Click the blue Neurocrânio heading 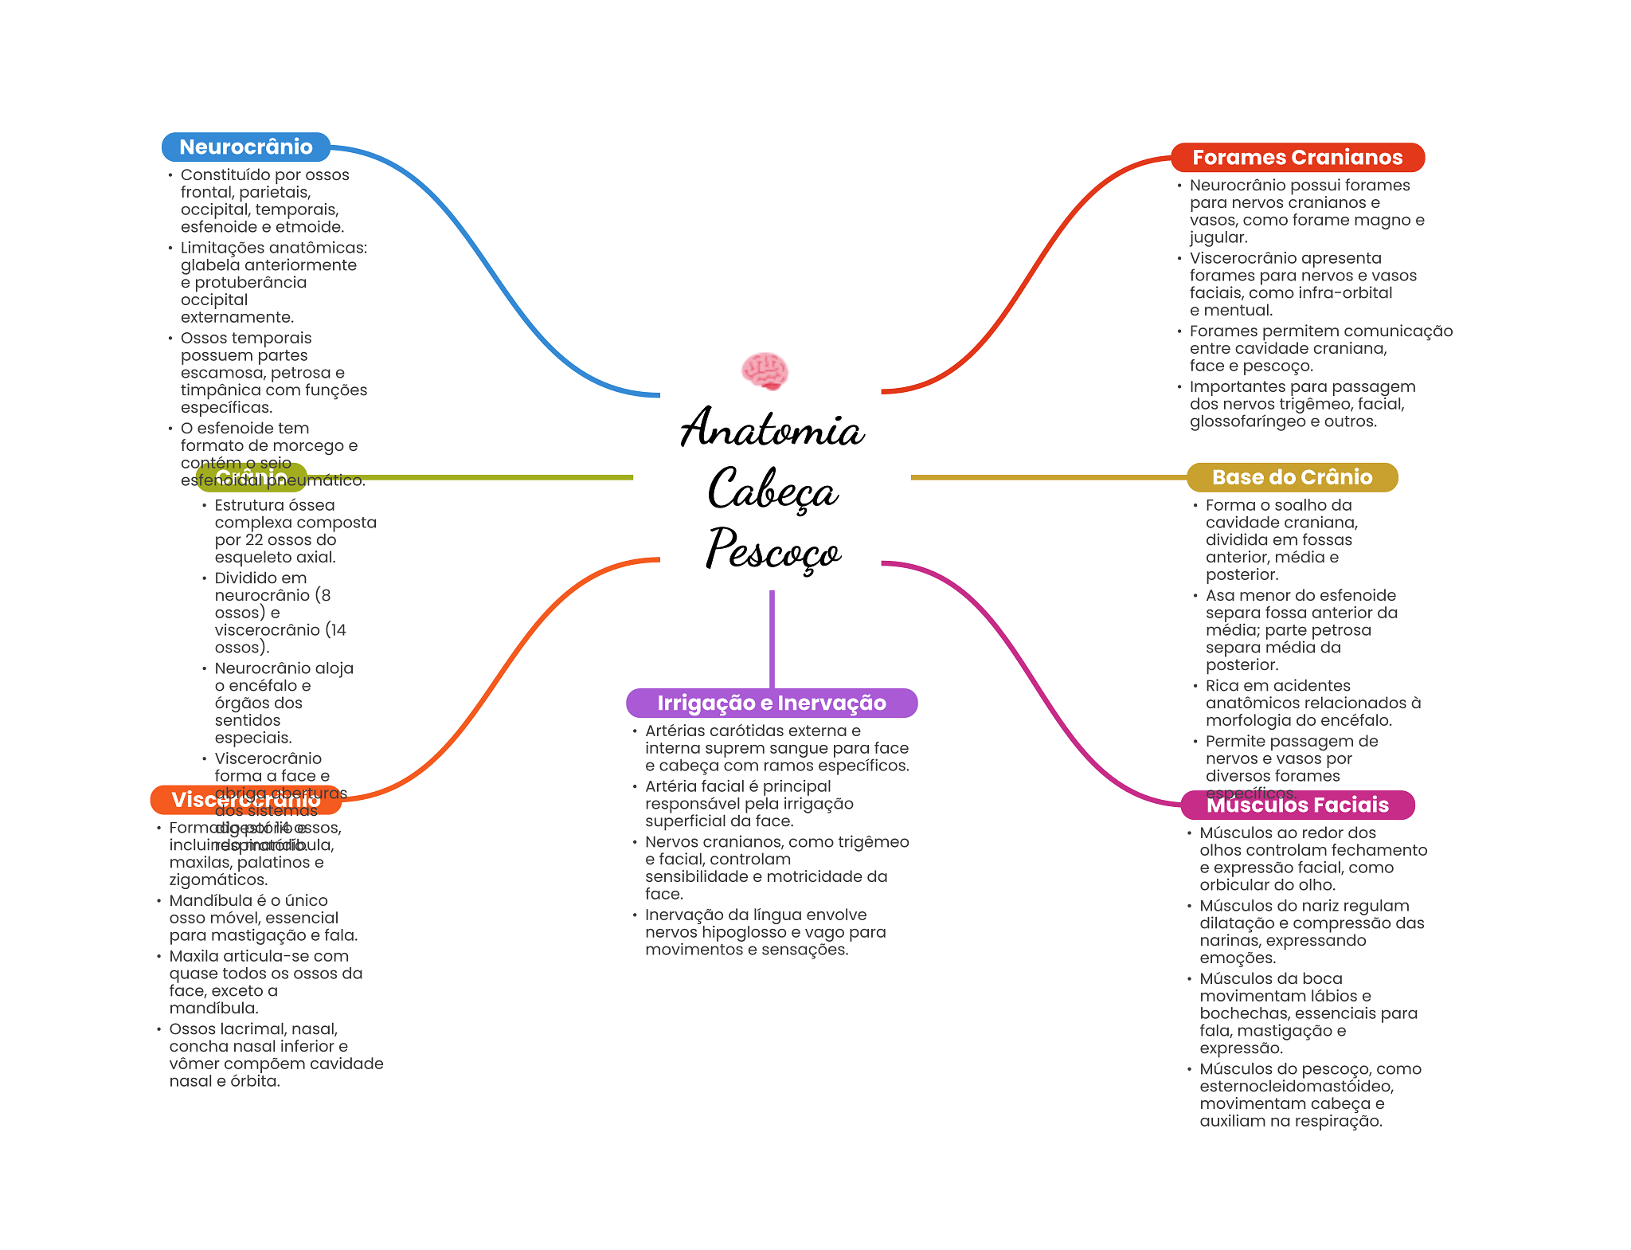[x=245, y=147]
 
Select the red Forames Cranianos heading [x=1297, y=158]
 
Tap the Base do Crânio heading [x=1292, y=477]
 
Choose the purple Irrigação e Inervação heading [x=771, y=703]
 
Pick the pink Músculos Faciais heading [x=1297, y=805]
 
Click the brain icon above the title [x=765, y=371]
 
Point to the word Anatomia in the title [x=772, y=429]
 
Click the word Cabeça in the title [x=772, y=489]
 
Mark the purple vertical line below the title [x=772, y=637]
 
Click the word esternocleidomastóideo [x=1297, y=1087]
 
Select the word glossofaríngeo [x=1254, y=421]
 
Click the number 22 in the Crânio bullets [x=254, y=540]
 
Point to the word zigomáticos [x=217, y=880]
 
